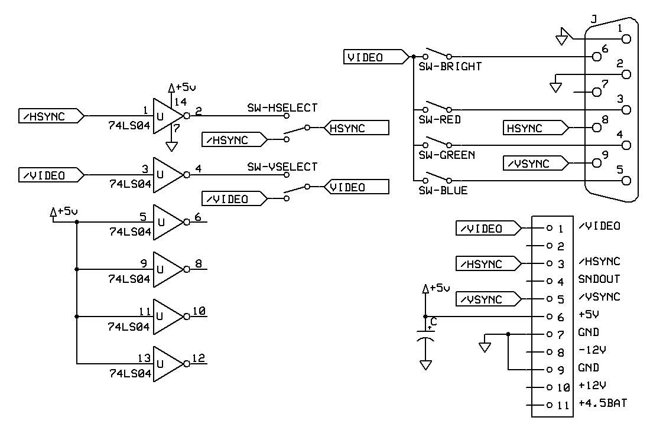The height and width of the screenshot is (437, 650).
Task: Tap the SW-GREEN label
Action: (x=446, y=155)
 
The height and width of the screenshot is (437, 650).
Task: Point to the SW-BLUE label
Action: (x=443, y=191)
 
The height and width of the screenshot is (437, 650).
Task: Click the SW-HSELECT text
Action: (x=282, y=107)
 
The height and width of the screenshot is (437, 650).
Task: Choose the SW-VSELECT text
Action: (x=282, y=167)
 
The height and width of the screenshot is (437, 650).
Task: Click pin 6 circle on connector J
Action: (x=597, y=57)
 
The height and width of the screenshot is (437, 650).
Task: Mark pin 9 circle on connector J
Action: (x=597, y=163)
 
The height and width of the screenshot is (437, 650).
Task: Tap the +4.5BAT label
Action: (x=603, y=403)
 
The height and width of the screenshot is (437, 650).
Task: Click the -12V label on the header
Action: (x=592, y=350)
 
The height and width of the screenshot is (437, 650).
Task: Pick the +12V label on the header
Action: (x=592, y=386)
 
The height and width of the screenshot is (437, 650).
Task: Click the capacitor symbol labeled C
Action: (x=425, y=337)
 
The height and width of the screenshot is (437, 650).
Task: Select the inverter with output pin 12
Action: (x=168, y=364)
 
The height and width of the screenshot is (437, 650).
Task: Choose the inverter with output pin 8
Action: (x=168, y=269)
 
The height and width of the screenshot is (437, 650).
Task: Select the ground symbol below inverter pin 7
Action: (x=171, y=146)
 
